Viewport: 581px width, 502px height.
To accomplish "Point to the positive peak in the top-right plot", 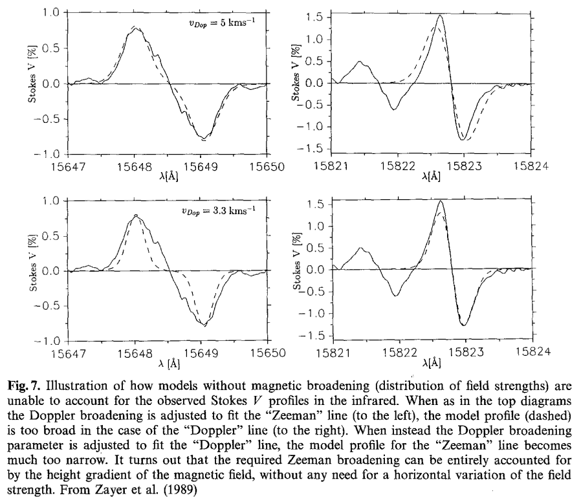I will tap(440, 16).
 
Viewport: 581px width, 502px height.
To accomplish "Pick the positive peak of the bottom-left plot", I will tap(136, 215).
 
